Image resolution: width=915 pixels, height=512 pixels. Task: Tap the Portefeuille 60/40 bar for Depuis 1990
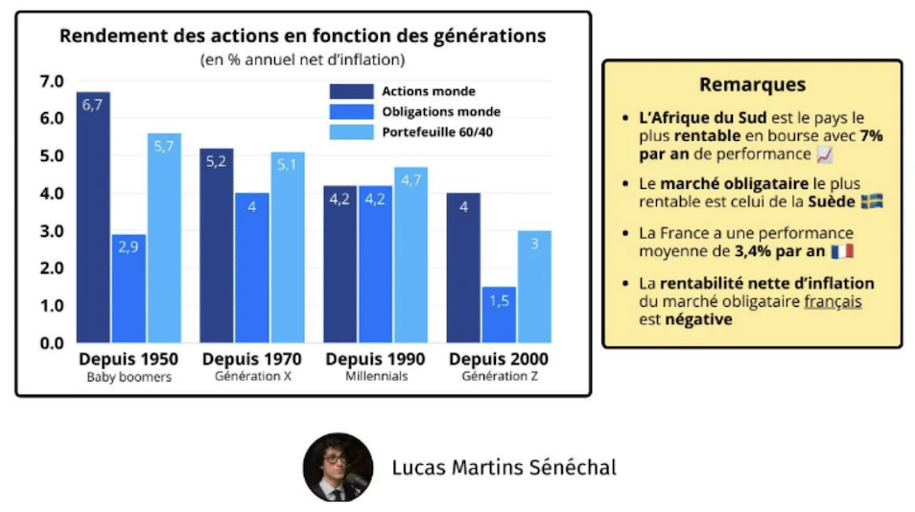(x=411, y=255)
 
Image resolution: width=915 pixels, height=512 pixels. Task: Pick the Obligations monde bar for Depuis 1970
(x=251, y=268)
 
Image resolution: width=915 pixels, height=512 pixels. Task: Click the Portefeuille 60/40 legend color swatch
(x=351, y=131)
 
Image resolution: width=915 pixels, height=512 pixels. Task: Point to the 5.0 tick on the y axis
(x=51, y=155)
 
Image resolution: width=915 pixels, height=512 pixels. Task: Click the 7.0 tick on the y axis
(x=51, y=81)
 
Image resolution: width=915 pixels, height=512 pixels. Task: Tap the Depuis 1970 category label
(x=252, y=359)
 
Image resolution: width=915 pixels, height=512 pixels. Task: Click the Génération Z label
(x=500, y=377)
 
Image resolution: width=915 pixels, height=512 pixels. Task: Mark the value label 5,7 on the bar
(x=164, y=146)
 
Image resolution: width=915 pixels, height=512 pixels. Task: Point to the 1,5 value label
(x=499, y=300)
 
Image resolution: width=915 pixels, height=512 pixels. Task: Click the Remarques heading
(x=752, y=84)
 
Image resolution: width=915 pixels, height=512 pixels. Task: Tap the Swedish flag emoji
(x=872, y=201)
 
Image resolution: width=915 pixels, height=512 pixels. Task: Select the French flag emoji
(x=842, y=251)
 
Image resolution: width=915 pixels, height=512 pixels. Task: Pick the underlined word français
(x=833, y=301)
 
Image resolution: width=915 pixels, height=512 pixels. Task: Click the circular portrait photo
(x=338, y=467)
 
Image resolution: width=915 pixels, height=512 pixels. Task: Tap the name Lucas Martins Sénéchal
(x=504, y=468)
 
